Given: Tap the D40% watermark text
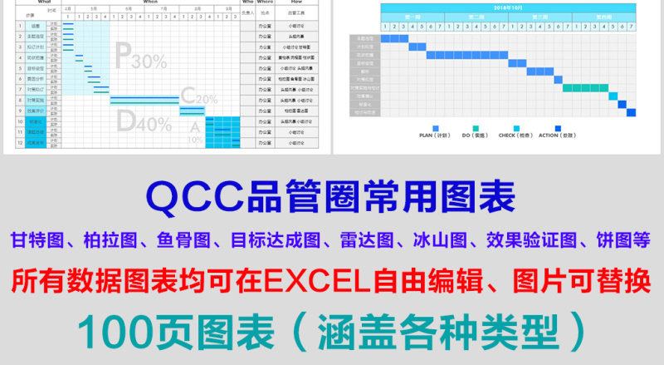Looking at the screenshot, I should tap(143, 122).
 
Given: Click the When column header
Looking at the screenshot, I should tap(150, 2).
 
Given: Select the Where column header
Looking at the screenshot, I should tap(266, 2).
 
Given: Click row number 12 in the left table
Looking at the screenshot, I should tap(20, 142).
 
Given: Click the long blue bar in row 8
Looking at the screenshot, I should tap(144, 100).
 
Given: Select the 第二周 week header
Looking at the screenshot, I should tap(476, 17).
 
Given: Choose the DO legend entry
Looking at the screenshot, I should tap(474, 133).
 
